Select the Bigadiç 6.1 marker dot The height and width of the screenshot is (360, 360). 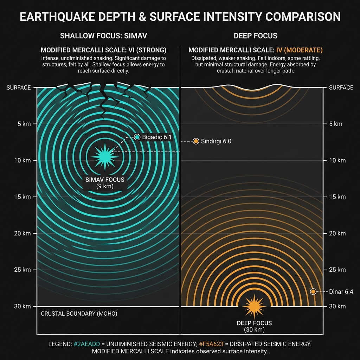[137, 137]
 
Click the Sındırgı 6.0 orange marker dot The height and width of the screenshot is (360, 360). [196, 141]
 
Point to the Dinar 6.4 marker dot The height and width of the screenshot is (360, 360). [313, 291]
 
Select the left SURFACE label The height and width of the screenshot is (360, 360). [19, 88]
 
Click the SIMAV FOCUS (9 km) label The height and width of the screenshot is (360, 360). [105, 183]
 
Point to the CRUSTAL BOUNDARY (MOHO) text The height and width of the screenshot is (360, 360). [79, 314]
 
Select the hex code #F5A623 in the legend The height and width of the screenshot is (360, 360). [211, 344]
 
